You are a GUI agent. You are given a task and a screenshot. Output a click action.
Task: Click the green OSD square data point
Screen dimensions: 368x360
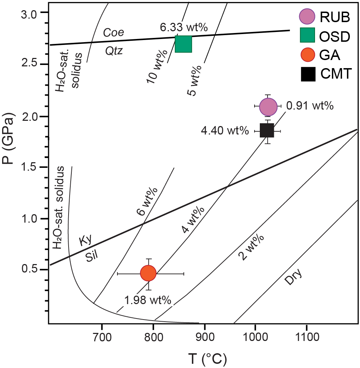pyautogui.click(x=183, y=44)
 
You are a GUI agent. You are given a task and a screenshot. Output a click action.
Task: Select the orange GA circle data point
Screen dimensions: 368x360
pyautogui.click(x=148, y=273)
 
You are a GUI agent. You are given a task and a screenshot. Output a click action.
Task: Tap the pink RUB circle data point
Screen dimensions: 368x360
pyautogui.click(x=268, y=106)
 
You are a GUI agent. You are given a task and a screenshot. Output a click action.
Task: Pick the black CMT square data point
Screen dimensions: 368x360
pyautogui.click(x=267, y=131)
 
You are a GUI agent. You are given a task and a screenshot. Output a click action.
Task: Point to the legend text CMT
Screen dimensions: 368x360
pyautogui.click(x=335, y=74)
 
